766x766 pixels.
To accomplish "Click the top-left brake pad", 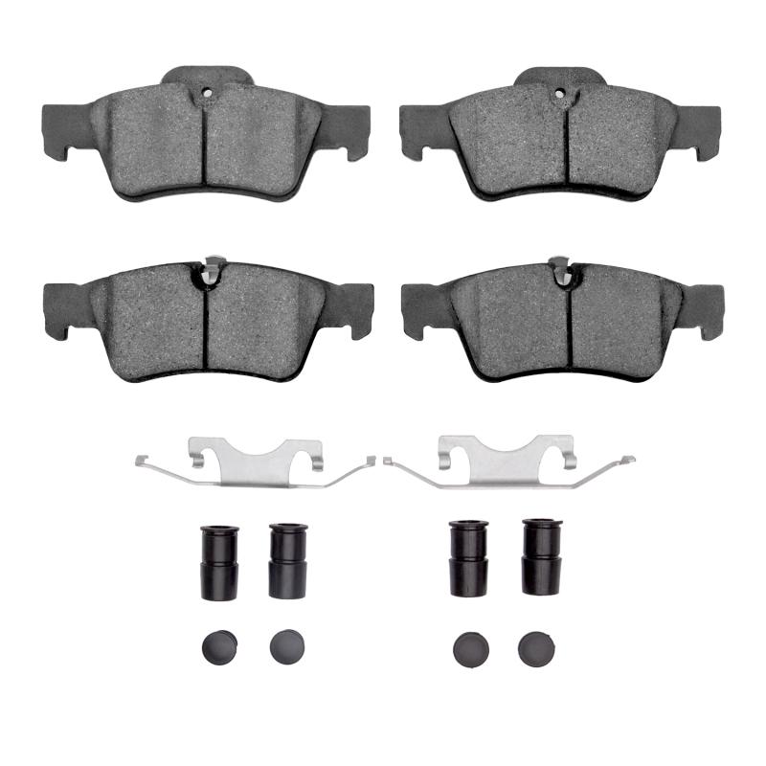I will point(206,139).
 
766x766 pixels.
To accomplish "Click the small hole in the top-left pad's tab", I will point(206,94).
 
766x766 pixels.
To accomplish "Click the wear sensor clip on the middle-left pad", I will point(211,271).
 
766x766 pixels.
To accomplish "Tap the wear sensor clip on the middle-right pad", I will point(561,271).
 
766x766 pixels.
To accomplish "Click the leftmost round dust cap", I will point(218,647).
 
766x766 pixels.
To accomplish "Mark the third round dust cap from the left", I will point(470,649).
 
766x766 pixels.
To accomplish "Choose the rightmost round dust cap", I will point(536,649).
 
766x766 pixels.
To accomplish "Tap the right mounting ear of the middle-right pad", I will point(703,308).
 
